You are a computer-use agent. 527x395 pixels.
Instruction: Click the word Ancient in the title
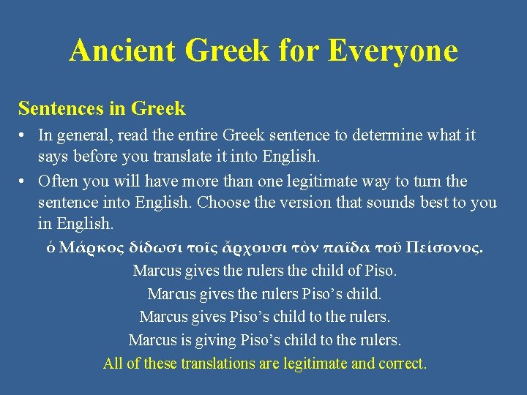point(122,50)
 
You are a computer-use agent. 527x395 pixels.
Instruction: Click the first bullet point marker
point(24,135)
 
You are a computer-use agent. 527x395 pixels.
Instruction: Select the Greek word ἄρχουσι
point(237,247)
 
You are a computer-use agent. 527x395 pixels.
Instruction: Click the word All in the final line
point(113,364)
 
